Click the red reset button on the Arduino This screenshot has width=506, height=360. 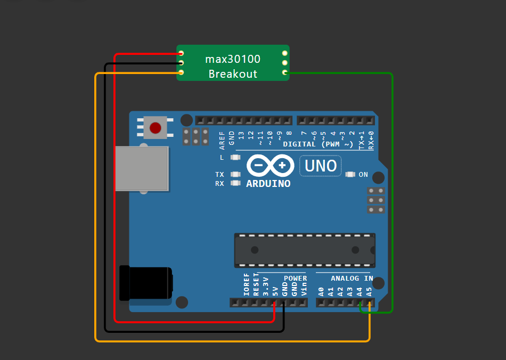156,128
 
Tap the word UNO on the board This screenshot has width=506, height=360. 321,166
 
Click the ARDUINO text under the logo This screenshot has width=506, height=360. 268,184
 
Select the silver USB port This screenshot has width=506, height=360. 142,169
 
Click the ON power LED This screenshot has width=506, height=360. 350,174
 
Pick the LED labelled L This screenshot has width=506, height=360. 235,157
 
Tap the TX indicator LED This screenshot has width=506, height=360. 235,174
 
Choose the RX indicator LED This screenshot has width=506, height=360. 235,183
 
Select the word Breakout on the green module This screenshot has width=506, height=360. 233,74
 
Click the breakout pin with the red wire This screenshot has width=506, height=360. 181,53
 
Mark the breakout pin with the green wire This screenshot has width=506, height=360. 285,72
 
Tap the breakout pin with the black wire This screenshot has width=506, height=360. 181,63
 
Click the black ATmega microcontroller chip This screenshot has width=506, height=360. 305,250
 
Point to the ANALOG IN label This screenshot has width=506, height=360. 352,279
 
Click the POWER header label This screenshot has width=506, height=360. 295,279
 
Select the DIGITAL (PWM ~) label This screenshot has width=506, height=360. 318,144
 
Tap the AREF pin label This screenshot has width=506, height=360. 222,138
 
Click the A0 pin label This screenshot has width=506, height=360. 321,291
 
